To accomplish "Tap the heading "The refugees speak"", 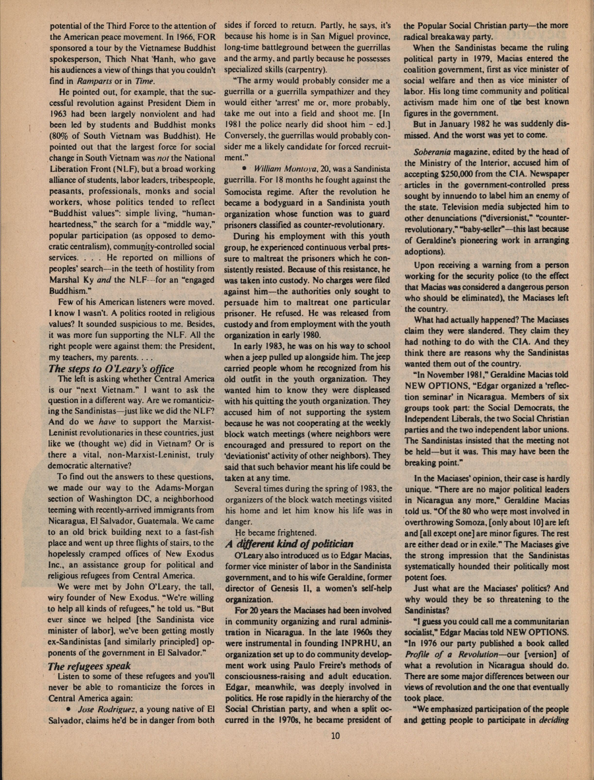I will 89,666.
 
